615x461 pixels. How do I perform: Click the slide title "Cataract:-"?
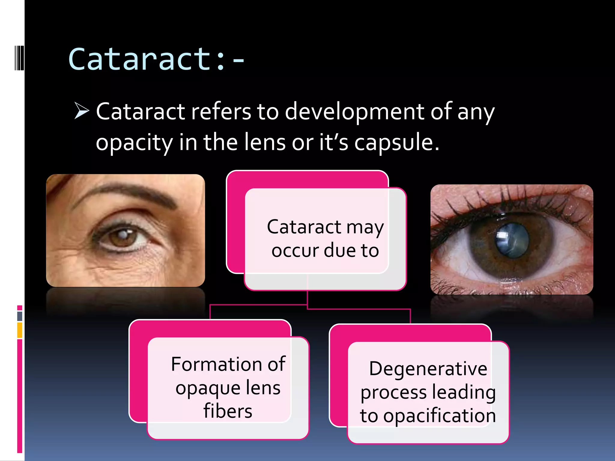tap(156, 59)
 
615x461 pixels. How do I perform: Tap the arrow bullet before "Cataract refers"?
tap(82, 111)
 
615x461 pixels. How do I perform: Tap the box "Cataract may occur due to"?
tap(325, 239)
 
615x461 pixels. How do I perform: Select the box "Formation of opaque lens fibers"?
tap(228, 387)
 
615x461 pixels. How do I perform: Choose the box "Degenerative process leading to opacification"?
tap(428, 392)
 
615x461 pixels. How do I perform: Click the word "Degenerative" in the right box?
tap(428, 369)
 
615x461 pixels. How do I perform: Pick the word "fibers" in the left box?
tap(228, 411)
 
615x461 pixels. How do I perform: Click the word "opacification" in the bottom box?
tap(440, 416)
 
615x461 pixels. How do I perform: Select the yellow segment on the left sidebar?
tap(20, 330)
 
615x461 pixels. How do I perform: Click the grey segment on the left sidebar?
tap(20, 316)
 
